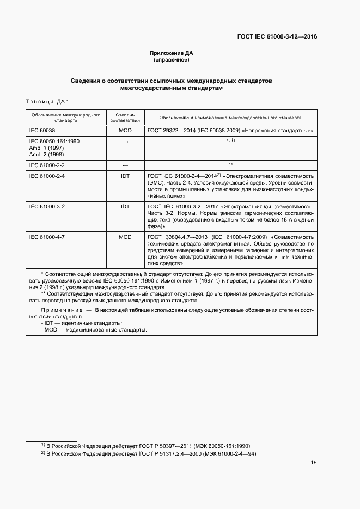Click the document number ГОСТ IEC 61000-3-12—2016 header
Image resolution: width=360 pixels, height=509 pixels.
pyautogui.click(x=277, y=37)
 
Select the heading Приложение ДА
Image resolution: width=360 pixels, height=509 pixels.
pyautogui.click(x=172, y=53)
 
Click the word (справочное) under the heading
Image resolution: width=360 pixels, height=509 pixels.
pyautogui.click(x=172, y=60)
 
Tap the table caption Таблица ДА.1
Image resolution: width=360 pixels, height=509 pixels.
pyautogui.click(x=45, y=101)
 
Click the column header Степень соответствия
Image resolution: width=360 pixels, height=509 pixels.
pyautogui.click(x=125, y=118)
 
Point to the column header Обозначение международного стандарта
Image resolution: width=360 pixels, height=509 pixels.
pyautogui.click(x=65, y=118)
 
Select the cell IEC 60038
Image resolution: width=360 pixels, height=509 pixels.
pyautogui.click(x=42, y=131)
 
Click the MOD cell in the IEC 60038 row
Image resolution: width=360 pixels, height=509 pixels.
pyautogui.click(x=125, y=131)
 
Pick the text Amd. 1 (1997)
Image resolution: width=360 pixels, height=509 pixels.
pyautogui.click(x=46, y=148)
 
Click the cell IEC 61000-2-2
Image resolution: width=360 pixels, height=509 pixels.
pyautogui.click(x=47, y=164)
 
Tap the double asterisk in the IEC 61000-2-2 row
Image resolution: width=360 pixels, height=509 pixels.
pyautogui.click(x=230, y=164)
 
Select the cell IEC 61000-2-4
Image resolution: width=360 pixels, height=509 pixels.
pyautogui.click(x=47, y=176)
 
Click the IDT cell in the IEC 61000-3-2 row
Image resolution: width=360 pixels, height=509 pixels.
pyautogui.click(x=125, y=207)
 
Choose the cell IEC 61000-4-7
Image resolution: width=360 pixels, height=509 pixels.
pyautogui.click(x=47, y=237)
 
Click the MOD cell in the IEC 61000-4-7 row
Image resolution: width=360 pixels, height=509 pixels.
pyautogui.click(x=125, y=237)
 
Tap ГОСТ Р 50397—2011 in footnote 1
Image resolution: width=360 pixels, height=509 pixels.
pyautogui.click(x=166, y=445)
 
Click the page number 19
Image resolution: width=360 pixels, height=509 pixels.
pyautogui.click(x=314, y=463)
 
